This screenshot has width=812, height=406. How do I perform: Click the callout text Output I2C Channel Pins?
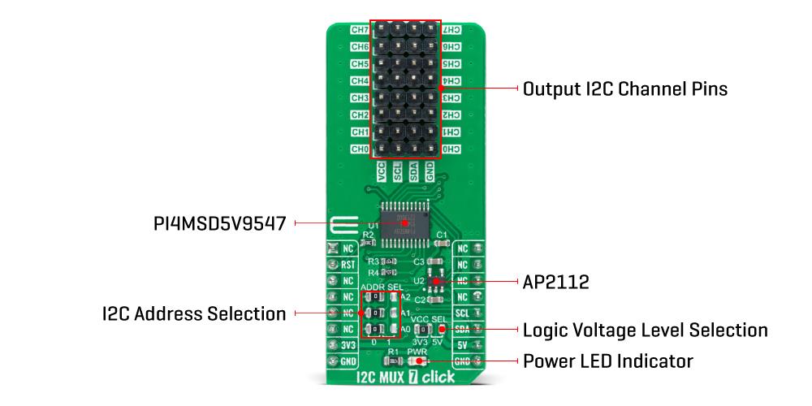[x=624, y=89]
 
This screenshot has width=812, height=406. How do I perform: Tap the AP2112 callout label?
[x=556, y=283]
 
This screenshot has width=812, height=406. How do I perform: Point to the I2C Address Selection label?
[x=194, y=313]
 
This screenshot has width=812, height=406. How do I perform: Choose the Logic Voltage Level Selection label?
[x=646, y=330]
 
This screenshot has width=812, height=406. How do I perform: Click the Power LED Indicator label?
[x=608, y=361]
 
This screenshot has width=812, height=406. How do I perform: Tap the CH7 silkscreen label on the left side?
[x=360, y=29]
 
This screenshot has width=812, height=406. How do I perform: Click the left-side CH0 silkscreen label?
[x=360, y=149]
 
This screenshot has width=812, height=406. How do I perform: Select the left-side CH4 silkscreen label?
[x=360, y=81]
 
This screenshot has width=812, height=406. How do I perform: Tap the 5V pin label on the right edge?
[x=462, y=344]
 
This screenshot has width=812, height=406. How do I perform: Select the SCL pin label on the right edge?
[x=462, y=313]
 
